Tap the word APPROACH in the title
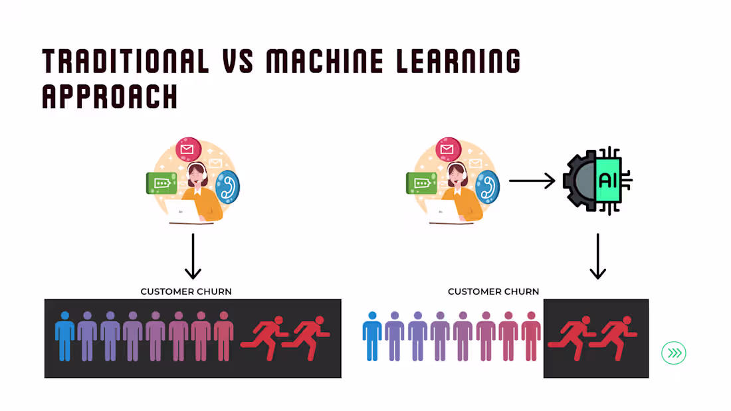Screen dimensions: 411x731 110,96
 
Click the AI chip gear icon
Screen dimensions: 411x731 596,181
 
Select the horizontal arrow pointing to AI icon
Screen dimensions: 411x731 532,180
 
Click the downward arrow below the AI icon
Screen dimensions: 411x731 597,256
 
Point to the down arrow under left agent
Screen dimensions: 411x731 193,256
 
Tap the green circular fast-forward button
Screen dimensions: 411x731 673,353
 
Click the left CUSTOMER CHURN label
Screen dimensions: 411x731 186,291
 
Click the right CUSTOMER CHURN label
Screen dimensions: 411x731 493,291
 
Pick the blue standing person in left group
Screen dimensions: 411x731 65,336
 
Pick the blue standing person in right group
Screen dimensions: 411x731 372,336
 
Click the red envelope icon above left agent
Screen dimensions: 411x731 188,149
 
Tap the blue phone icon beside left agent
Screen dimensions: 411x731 227,187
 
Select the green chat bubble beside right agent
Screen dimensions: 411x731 421,183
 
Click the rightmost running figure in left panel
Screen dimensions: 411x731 308,337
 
